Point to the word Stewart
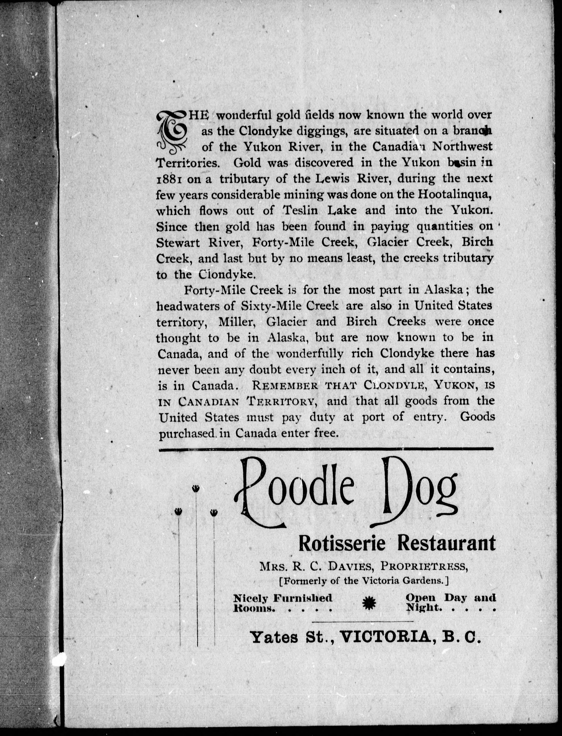[x=178, y=243]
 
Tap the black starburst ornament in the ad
[x=369, y=603]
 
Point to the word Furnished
[x=303, y=598]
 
